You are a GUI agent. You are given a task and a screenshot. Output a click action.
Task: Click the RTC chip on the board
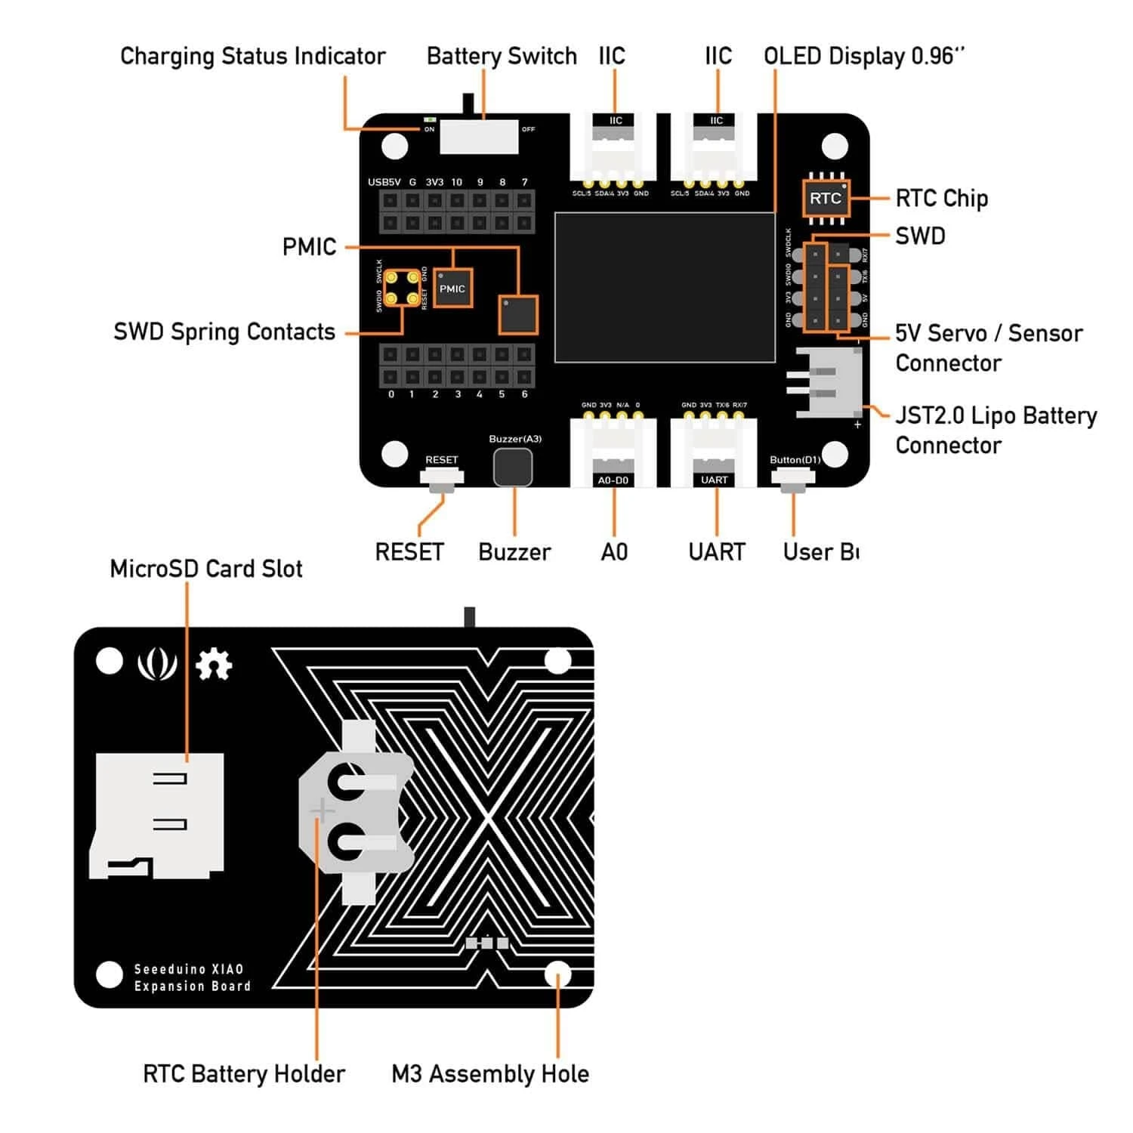point(825,199)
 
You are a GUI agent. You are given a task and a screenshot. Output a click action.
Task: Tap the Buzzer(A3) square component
point(513,468)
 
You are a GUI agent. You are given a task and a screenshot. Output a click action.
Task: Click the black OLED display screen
point(665,288)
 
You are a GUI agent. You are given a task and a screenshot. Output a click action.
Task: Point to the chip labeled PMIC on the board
point(452,289)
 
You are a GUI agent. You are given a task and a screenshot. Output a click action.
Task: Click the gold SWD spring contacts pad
point(401,289)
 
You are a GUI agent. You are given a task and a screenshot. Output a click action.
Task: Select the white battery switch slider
point(479,136)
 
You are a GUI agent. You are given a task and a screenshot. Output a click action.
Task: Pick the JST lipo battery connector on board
point(829,382)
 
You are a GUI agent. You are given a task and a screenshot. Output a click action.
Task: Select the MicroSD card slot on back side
point(157,816)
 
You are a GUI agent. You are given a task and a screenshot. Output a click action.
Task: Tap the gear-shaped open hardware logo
point(214,665)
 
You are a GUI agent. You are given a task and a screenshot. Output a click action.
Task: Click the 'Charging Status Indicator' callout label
point(252,57)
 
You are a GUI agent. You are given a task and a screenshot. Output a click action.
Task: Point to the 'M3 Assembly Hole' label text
point(489,1073)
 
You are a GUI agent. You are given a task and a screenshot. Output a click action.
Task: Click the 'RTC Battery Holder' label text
point(243,1073)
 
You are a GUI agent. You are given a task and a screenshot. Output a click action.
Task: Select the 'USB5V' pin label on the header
point(384,182)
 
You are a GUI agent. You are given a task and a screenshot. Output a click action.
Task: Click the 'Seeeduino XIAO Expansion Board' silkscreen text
point(192,977)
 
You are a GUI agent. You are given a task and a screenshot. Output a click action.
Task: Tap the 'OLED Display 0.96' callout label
point(864,57)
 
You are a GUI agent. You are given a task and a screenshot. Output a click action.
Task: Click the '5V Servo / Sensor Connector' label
point(988,347)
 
